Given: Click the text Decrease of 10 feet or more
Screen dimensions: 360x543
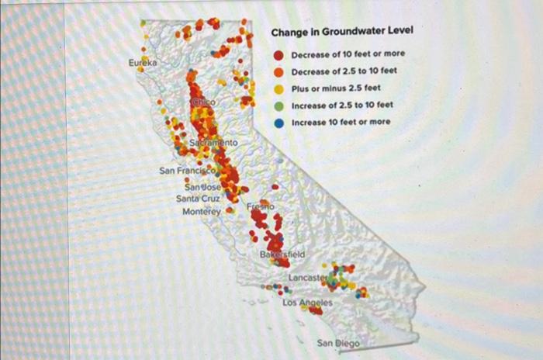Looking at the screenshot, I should tap(348, 54).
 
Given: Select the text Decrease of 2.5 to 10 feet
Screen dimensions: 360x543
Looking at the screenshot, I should tap(344, 71).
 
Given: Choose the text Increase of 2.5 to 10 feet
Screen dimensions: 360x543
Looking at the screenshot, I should tap(342, 106).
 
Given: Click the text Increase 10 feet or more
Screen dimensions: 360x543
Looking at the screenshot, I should tap(341, 123).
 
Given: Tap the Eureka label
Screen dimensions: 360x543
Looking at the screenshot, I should tap(143, 61).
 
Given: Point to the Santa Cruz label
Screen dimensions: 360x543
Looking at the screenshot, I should tap(199, 199).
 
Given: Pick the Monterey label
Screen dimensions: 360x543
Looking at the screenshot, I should tap(202, 211).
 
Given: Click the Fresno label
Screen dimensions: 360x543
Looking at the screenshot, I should tap(261, 207).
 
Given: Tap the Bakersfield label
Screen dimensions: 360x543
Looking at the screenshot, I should tap(282, 254).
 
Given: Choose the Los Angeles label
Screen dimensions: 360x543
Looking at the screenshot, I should tap(307, 302).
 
